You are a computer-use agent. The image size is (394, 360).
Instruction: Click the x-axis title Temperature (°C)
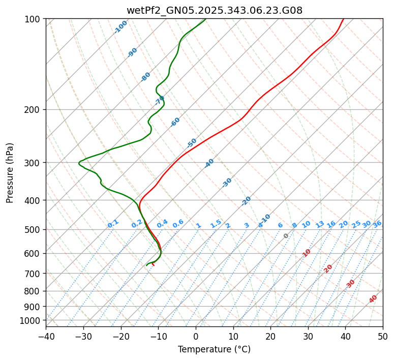pos(214,350)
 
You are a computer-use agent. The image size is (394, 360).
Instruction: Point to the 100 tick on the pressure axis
pos(34,19)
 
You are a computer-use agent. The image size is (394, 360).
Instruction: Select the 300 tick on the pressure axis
pos(34,163)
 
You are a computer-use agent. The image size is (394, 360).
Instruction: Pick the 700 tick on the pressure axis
pos(34,274)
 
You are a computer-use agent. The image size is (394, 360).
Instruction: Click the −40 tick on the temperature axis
pos(46,336)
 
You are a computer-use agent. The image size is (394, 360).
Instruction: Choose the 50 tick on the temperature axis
pos(383,336)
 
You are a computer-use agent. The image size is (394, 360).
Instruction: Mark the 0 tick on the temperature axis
pos(196,336)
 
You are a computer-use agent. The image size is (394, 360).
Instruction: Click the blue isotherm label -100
pos(120,27)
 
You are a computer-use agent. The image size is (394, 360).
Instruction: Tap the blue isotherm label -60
pos(175,122)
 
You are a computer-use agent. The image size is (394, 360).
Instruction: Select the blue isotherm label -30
pos(227,183)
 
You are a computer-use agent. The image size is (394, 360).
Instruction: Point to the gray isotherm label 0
pos(286,236)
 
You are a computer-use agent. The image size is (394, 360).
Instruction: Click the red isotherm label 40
pos(373,299)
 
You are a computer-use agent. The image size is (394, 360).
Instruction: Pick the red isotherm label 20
pos(328,268)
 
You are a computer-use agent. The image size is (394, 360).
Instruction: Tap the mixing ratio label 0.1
pos(113,224)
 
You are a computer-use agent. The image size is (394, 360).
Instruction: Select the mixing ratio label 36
pos(377,224)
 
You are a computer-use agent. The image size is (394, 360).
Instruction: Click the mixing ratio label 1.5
pos(216,224)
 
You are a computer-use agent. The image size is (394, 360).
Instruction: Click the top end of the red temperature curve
pos(343,19)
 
